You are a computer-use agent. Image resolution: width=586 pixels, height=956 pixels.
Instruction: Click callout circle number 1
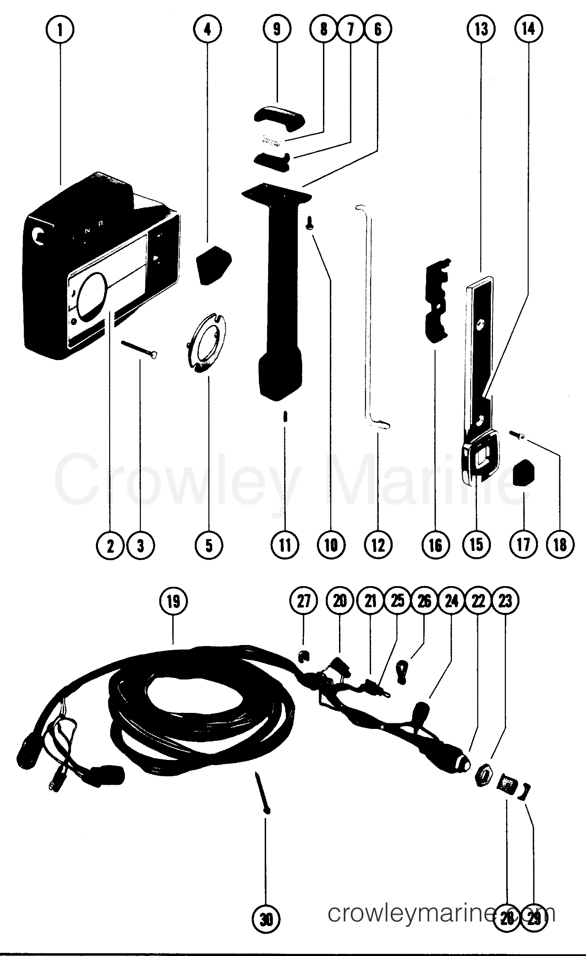(x=60, y=30)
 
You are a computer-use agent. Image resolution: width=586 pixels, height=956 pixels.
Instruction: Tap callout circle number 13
(x=481, y=30)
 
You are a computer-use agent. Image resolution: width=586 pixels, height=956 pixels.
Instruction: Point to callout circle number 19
(x=174, y=601)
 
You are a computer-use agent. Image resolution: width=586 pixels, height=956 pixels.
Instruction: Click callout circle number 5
(x=209, y=545)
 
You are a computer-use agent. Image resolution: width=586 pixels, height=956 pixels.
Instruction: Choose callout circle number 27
(x=304, y=601)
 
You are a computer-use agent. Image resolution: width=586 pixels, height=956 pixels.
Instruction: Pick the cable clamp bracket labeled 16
(x=437, y=301)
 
